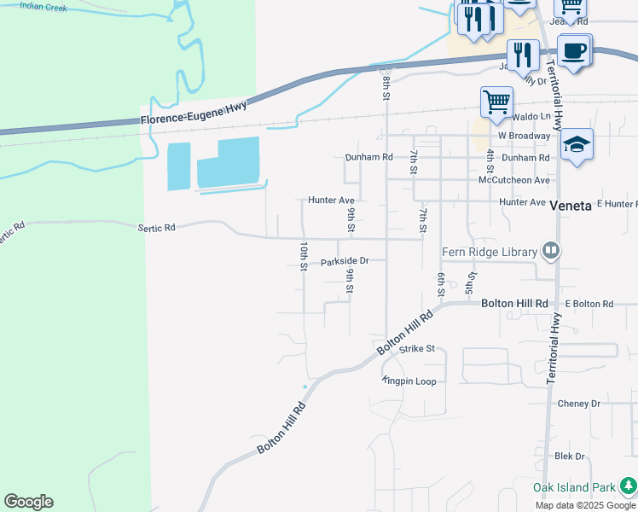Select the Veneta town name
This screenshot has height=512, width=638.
[x=571, y=206]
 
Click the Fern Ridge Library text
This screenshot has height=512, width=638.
[x=489, y=252]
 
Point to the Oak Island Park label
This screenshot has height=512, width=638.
[x=574, y=487]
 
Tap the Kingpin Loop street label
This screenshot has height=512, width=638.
[x=409, y=381]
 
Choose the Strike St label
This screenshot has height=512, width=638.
[x=417, y=349]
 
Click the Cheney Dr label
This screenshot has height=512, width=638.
[x=578, y=403]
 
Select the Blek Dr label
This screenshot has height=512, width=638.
[x=569, y=457]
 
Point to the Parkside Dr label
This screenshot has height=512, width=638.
[x=344, y=262]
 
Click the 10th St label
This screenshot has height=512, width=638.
[x=303, y=256]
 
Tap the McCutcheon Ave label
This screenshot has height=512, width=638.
[x=514, y=180]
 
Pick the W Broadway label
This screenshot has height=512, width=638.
[x=524, y=136]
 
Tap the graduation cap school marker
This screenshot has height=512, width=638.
[x=577, y=144]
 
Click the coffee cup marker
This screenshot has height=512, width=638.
[x=574, y=50]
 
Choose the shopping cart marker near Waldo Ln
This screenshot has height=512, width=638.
[x=496, y=102]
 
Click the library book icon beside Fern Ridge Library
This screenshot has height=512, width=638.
[x=552, y=250]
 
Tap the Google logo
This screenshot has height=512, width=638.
[x=28, y=502]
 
